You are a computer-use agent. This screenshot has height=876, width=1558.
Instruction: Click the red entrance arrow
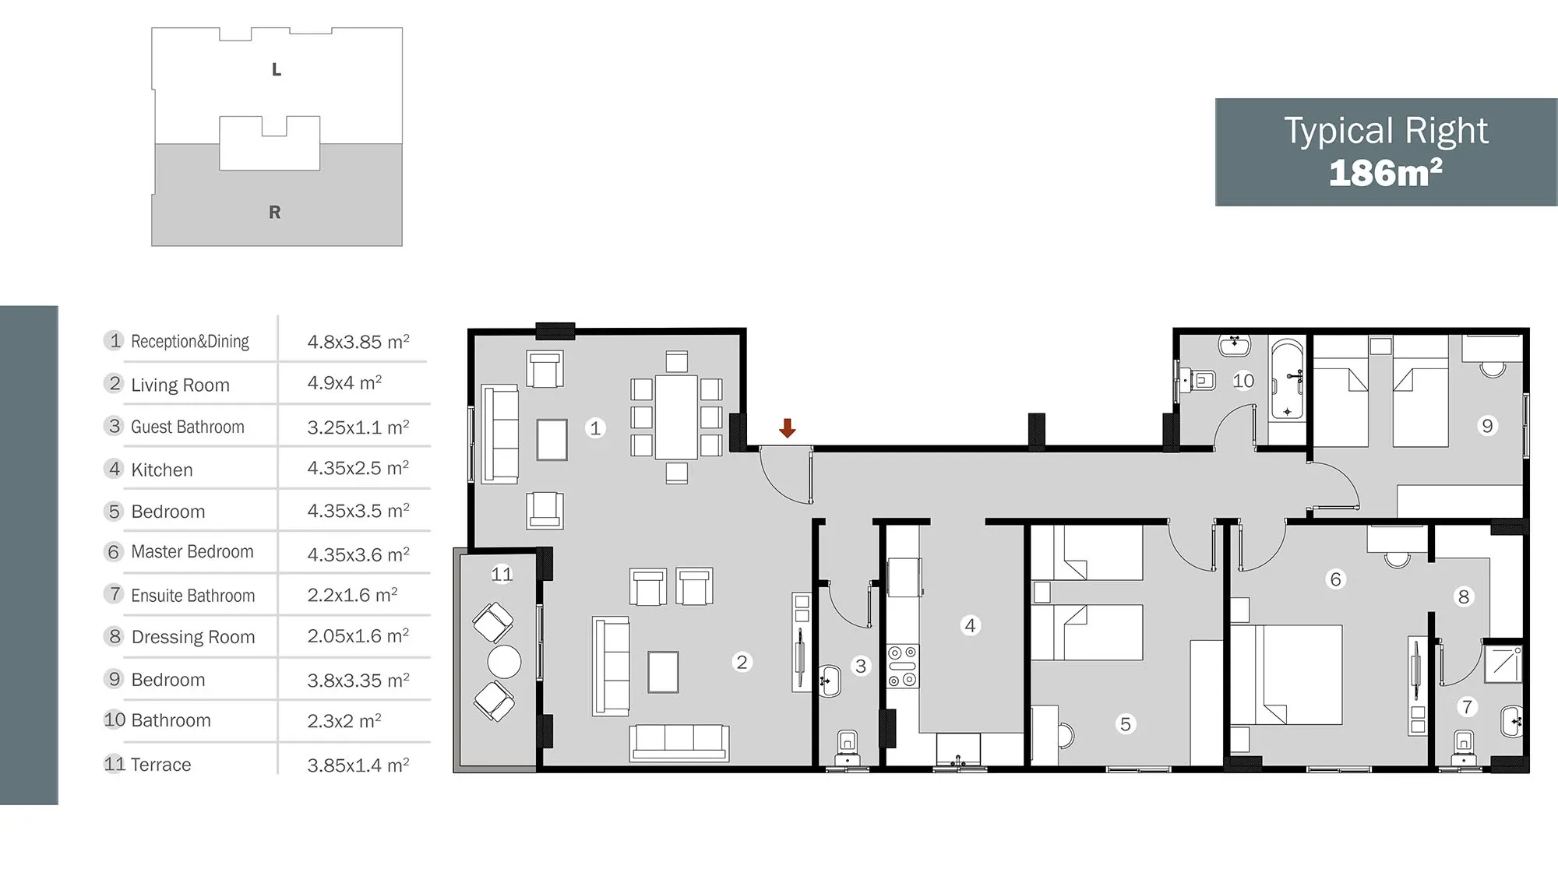788,427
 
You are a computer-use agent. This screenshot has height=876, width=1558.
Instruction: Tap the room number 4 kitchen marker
970,625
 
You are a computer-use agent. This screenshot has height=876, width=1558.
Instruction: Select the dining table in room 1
676,417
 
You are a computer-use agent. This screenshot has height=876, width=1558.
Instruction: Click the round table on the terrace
504,662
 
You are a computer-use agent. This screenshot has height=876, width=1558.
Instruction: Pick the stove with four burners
903,667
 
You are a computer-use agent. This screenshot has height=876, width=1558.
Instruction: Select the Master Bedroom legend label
192,552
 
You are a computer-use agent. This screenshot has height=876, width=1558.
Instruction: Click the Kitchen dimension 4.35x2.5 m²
358,468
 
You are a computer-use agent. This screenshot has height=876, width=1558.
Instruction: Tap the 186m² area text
1386,173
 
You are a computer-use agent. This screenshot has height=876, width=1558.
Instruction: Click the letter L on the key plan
277,70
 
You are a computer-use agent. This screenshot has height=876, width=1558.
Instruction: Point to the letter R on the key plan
275,213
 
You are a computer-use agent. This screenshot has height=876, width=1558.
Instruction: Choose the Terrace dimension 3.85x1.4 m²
358,765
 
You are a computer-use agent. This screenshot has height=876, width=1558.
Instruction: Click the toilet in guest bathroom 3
847,748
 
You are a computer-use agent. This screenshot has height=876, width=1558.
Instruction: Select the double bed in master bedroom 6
1287,674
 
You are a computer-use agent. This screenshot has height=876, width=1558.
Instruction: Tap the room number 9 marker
1487,426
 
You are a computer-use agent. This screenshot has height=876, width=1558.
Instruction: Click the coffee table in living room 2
663,671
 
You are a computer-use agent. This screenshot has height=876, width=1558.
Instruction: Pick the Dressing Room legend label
193,637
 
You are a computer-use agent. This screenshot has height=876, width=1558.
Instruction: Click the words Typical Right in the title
1386,131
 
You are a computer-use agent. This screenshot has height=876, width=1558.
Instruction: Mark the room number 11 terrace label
502,575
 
